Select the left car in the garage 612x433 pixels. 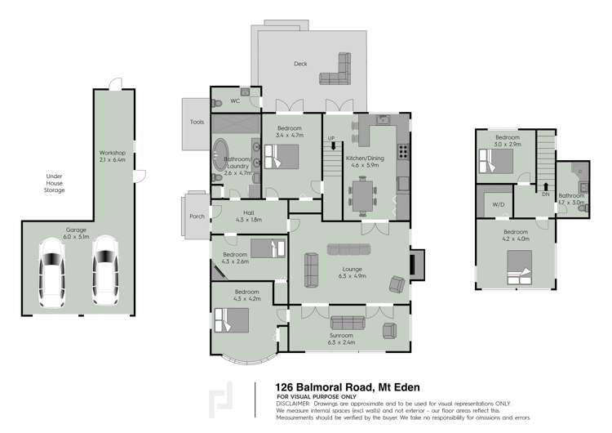52,267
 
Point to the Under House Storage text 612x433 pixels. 55,184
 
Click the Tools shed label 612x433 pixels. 197,122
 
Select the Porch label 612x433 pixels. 197,216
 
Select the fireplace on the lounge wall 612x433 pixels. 415,263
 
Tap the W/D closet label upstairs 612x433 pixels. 499,205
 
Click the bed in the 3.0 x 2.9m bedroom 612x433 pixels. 497,163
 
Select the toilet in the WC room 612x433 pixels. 219,102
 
